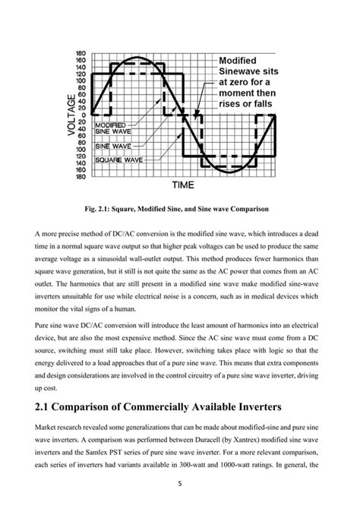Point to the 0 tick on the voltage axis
[83, 115]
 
